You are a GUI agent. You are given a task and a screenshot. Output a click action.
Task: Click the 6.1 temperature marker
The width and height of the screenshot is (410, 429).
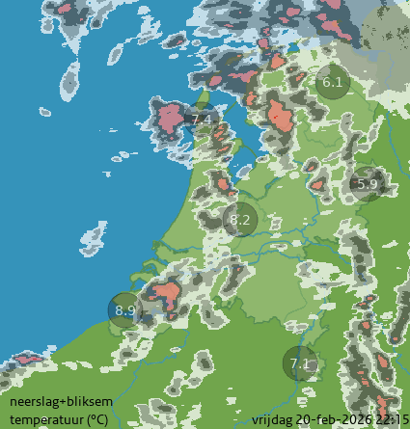[333, 83]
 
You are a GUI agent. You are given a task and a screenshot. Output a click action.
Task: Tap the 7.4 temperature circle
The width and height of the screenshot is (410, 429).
[202, 120]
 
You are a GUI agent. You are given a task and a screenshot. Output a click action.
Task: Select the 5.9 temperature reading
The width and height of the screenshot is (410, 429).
[367, 183]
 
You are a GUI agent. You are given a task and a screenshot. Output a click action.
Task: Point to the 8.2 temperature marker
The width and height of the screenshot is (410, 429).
[239, 221]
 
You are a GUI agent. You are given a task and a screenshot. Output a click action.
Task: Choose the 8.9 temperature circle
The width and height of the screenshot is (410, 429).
[125, 310]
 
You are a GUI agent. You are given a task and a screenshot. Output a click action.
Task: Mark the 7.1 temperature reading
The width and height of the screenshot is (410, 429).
[300, 364]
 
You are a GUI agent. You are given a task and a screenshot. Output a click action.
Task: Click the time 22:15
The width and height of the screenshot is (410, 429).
[390, 419]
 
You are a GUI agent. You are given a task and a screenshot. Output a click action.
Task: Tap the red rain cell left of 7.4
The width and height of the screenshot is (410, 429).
[170, 118]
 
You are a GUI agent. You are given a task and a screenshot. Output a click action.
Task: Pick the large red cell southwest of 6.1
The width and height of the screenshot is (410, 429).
[280, 117]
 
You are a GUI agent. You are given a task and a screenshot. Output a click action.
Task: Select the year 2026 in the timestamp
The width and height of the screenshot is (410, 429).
[356, 419]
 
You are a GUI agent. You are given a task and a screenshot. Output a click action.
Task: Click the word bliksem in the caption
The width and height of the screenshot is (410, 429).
[72, 403]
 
